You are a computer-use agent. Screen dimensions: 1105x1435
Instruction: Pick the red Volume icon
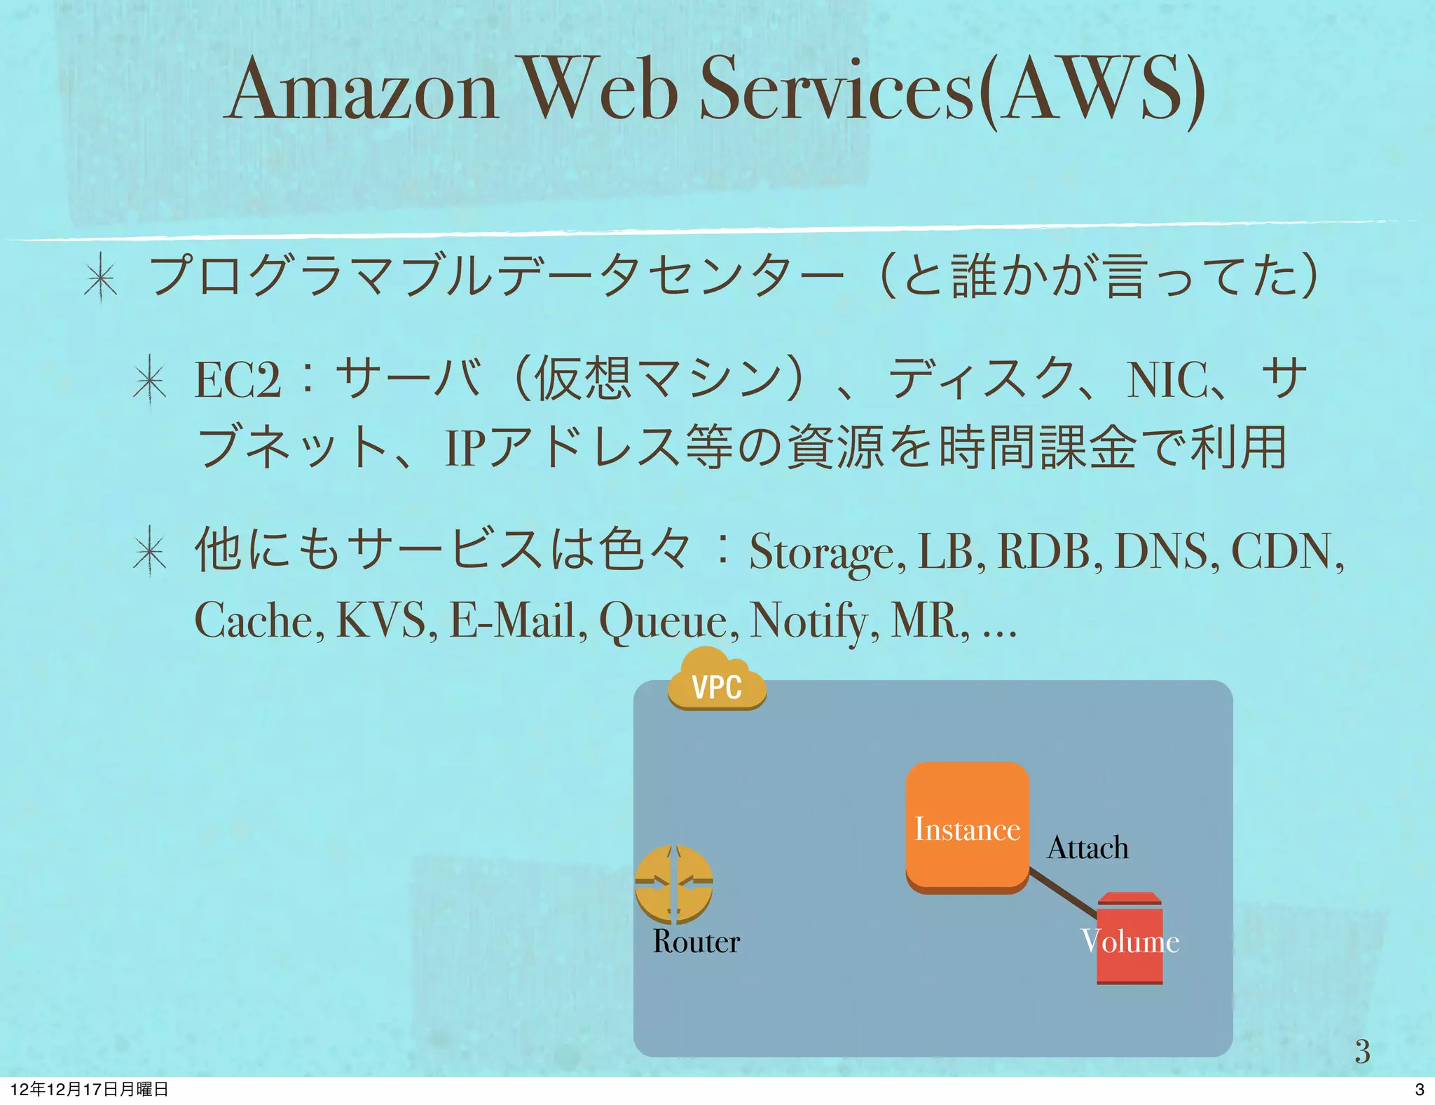pyautogui.click(x=1130, y=940)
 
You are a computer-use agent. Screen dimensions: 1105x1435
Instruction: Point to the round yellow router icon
pyautogui.click(x=673, y=885)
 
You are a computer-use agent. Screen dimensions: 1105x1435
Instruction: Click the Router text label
pyautogui.click(x=696, y=942)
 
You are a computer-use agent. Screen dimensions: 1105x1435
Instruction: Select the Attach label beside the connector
pyautogui.click(x=1087, y=848)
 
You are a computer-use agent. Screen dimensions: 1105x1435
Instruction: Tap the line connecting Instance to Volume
pyautogui.click(x=1063, y=893)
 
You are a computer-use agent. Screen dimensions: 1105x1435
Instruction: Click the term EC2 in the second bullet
pyautogui.click(x=238, y=380)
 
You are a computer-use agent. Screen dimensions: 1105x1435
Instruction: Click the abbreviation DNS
pyautogui.click(x=1162, y=551)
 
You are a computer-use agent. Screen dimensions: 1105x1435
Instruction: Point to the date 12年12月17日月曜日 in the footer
pyautogui.click(x=90, y=1089)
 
